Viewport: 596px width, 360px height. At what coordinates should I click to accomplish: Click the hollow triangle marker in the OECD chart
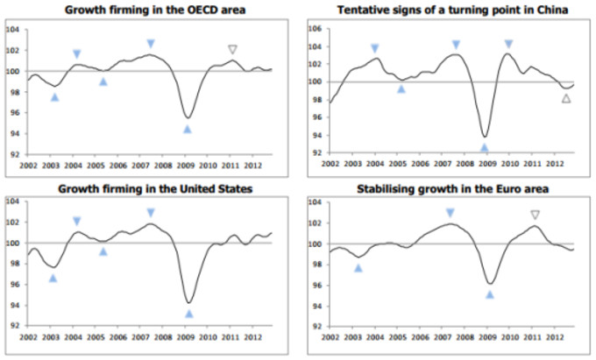(x=232, y=50)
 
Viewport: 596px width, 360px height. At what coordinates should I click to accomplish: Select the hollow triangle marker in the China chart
(x=566, y=99)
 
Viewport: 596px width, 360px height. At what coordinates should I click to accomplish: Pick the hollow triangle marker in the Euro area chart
(x=535, y=215)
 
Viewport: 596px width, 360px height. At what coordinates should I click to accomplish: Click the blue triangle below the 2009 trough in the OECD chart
(x=187, y=129)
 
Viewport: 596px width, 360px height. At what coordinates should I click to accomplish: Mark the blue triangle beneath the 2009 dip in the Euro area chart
(x=489, y=294)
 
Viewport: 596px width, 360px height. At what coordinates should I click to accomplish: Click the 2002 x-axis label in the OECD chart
(x=27, y=164)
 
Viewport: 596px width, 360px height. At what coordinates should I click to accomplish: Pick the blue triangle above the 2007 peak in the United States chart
(x=151, y=213)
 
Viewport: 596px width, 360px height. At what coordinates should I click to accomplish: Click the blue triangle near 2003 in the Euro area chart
(x=358, y=268)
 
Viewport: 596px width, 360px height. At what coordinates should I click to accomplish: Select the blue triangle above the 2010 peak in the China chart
(x=508, y=44)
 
